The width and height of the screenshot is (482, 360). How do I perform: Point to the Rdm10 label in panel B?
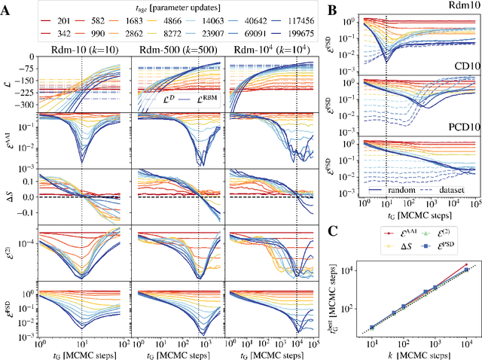pyautogui.click(x=459, y=7)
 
